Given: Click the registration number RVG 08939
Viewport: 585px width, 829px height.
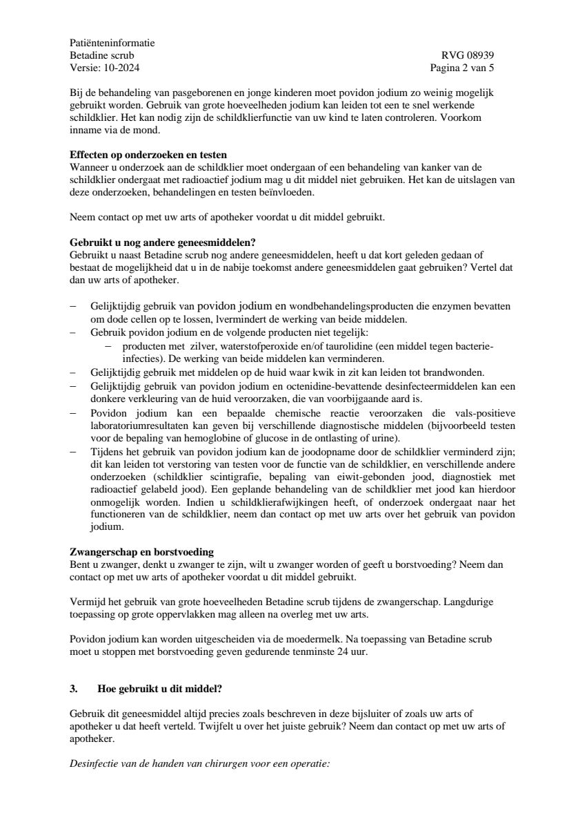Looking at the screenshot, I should pos(468,55).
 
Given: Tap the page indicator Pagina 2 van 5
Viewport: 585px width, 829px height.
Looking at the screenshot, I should pos(462,68).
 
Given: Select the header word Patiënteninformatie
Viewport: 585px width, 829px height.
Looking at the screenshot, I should pos(112,43).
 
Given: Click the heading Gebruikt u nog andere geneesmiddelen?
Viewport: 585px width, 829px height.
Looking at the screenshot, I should pos(163,242).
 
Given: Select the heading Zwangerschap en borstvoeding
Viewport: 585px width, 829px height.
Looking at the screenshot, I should pos(142,552).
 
